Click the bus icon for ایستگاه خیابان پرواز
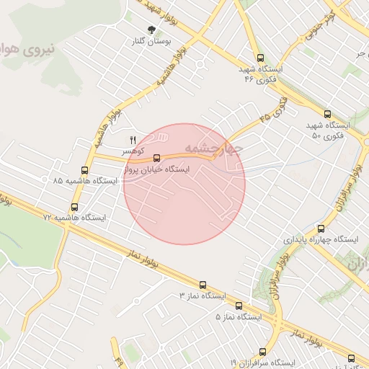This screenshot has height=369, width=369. pos(157,157)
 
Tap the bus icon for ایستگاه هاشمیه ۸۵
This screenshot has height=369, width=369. pos(85,171)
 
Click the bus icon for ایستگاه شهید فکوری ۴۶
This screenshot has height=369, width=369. pos(260,58)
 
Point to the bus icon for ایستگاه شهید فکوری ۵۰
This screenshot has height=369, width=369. pos(328,114)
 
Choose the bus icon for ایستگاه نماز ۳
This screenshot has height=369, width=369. pos(203,285)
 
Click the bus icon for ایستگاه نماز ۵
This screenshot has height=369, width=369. pos(239,306)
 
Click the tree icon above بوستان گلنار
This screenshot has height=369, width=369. pos(151,29)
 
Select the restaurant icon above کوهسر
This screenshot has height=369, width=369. pos(132,139)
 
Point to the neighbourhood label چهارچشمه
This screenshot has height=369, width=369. pos(214,148)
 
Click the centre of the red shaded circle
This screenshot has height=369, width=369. pos(184,184)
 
